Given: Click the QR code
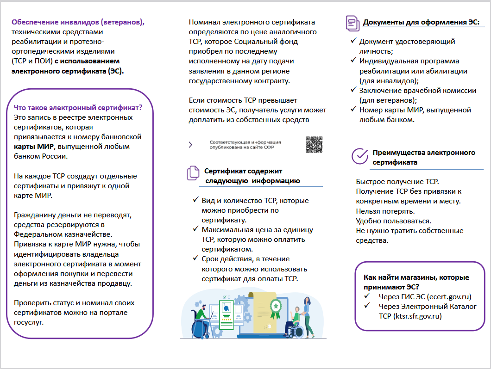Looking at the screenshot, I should pyautogui.click(x=314, y=145).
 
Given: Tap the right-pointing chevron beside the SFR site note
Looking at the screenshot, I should pyautogui.click(x=190, y=145).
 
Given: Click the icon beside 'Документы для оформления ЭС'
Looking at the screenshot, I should pyautogui.click(x=352, y=22).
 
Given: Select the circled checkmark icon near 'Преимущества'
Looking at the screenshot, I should pyautogui.click(x=359, y=156).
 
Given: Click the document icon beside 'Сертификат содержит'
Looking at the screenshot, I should pyautogui.click(x=193, y=173).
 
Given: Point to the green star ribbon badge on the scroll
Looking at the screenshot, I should pyautogui.click(x=276, y=308).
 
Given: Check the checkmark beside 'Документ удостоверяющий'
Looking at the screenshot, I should pyautogui.click(x=353, y=41).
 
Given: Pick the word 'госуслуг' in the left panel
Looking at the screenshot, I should pyautogui.click(x=29, y=322).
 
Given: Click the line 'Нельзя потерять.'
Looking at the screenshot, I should pyautogui.click(x=382, y=211).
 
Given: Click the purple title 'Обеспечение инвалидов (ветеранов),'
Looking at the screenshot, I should pyautogui.click(x=78, y=22).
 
